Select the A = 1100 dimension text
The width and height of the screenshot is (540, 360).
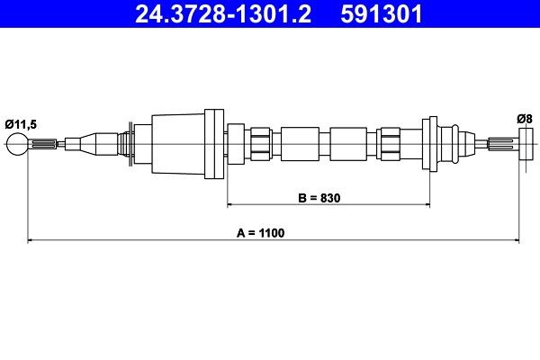click(260, 232)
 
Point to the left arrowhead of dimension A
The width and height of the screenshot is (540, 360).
click(32, 240)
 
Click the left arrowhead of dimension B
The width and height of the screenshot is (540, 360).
click(231, 204)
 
